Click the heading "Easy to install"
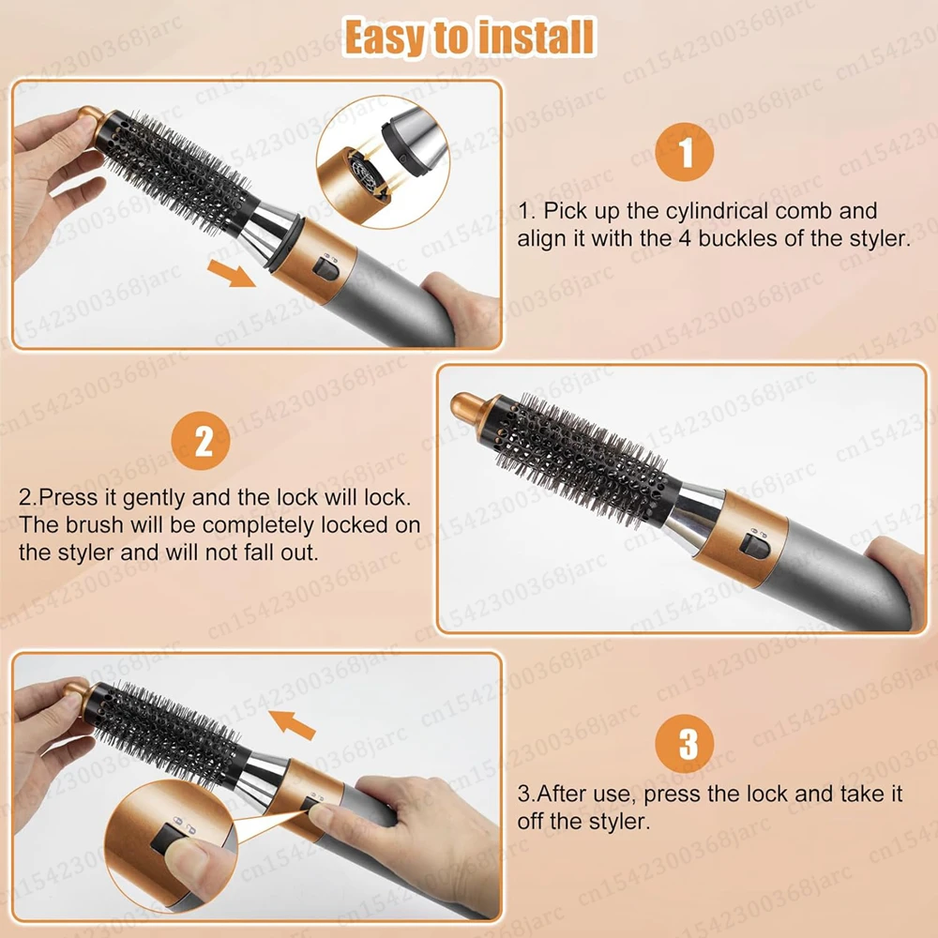click(470, 37)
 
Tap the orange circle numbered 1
click(685, 152)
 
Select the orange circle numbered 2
click(201, 441)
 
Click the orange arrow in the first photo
click(232, 273)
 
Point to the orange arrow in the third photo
click(292, 724)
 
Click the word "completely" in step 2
click(259, 526)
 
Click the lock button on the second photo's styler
click(754, 545)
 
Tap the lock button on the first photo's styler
click(327, 269)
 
